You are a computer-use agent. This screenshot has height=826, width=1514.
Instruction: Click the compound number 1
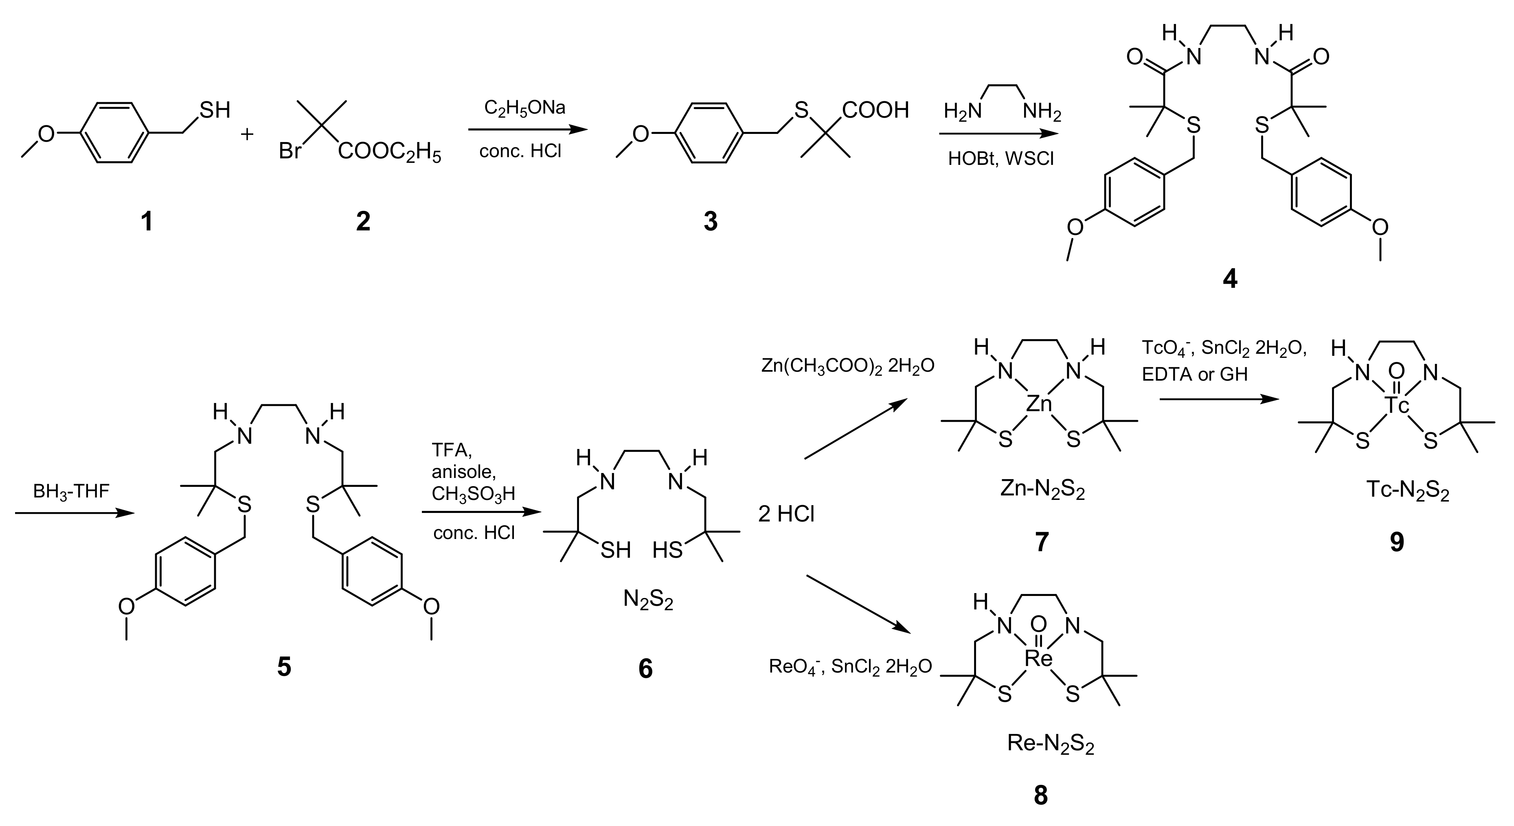click(146, 222)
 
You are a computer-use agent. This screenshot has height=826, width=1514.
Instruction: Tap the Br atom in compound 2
click(290, 151)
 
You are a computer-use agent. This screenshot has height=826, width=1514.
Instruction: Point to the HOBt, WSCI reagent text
click(1001, 159)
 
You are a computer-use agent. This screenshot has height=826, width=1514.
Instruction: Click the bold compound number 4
click(1229, 279)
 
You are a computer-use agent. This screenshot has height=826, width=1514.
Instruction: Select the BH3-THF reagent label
click(71, 491)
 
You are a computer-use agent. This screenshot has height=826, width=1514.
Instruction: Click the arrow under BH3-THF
click(75, 513)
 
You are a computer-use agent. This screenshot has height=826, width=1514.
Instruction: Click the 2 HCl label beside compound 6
click(786, 515)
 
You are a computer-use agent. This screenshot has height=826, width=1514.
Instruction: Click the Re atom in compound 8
click(1038, 659)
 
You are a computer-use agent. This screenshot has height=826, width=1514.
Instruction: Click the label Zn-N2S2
click(1042, 491)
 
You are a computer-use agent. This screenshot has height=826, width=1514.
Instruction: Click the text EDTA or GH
click(1194, 374)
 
